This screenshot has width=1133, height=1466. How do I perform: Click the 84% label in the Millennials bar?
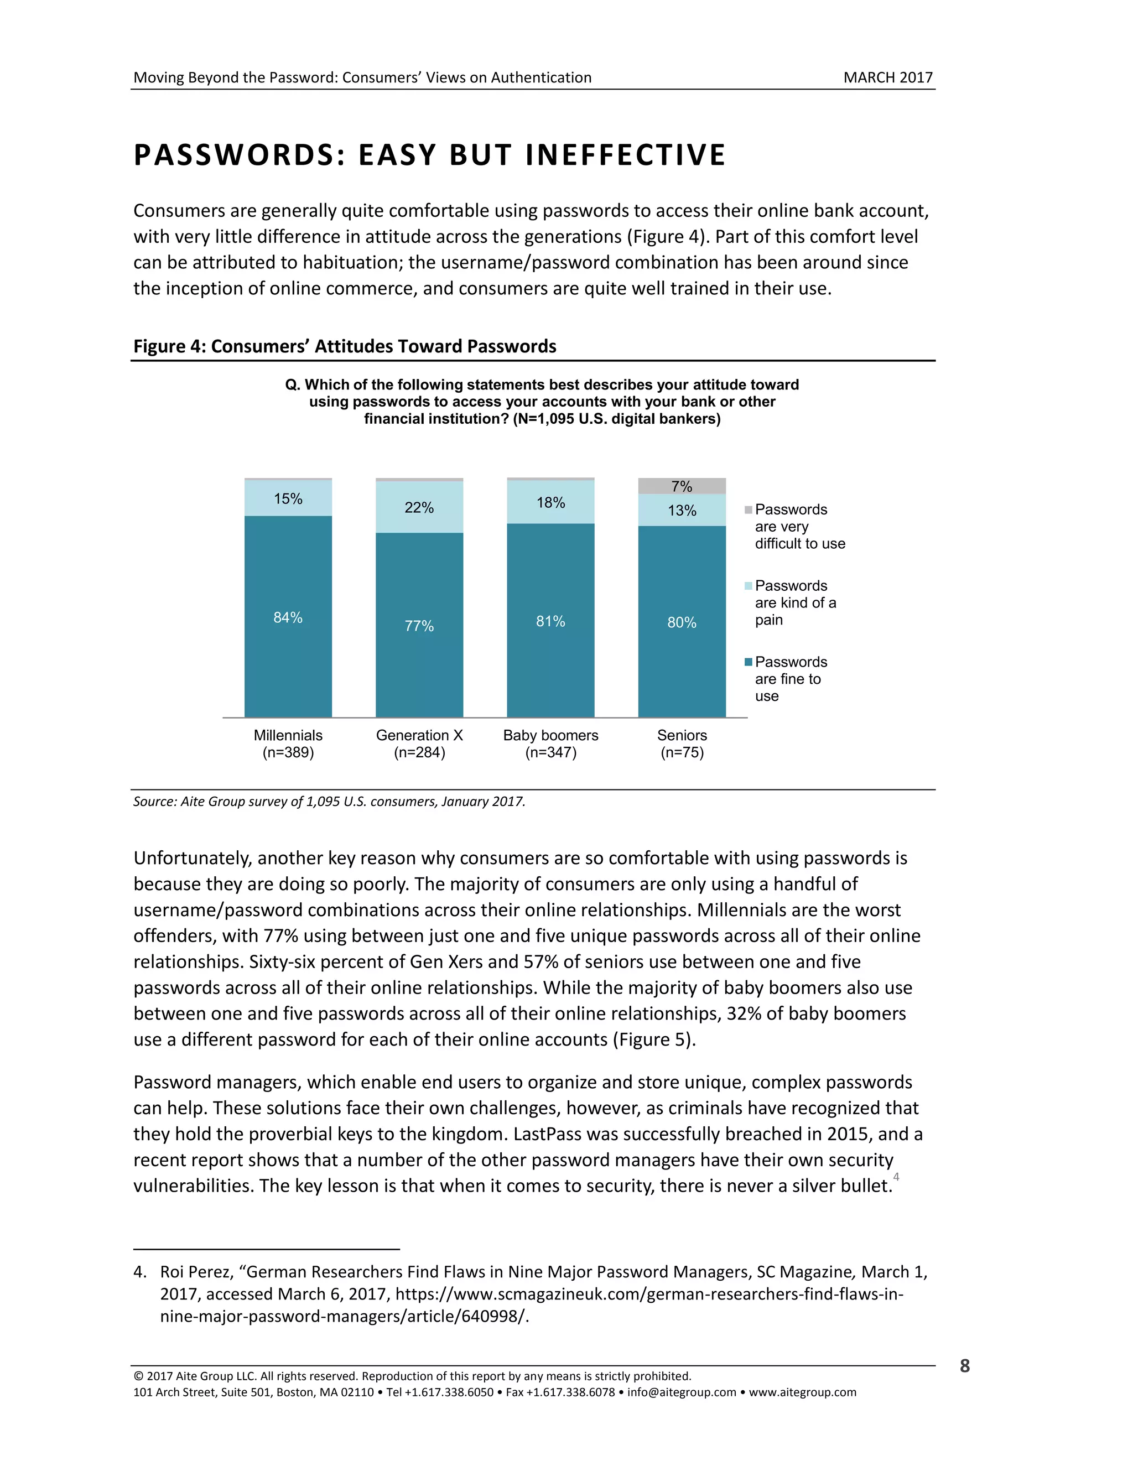tap(288, 617)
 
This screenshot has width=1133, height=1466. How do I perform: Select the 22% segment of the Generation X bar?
tap(419, 507)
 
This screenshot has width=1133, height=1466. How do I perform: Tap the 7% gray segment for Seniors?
tap(681, 486)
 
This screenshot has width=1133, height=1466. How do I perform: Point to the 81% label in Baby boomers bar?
tap(550, 622)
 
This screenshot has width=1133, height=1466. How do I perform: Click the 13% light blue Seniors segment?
tap(681, 510)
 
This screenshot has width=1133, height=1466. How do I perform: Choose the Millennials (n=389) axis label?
tap(288, 744)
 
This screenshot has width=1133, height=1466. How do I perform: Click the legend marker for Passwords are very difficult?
tap(749, 510)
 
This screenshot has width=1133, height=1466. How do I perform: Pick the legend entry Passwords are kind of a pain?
tap(796, 603)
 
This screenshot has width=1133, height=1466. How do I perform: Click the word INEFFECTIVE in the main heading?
tap(626, 155)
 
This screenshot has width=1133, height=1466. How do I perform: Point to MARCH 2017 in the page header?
tap(887, 78)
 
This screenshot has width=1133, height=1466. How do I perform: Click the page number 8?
tap(964, 1366)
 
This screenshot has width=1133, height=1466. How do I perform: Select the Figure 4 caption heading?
tap(344, 346)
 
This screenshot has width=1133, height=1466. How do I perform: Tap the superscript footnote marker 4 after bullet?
tap(896, 1177)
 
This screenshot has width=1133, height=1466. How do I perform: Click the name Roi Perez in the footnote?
tap(195, 1272)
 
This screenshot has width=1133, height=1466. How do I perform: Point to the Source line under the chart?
tap(329, 802)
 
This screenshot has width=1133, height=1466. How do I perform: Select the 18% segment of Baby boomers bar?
tap(550, 502)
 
